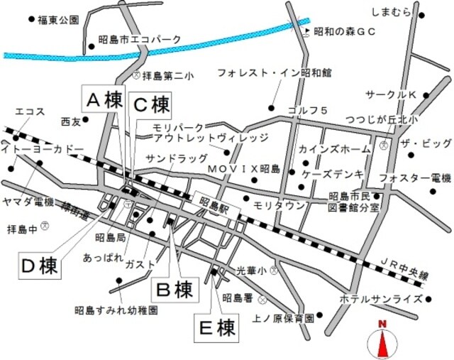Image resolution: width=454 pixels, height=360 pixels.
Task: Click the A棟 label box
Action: pyautogui.click(x=104, y=102)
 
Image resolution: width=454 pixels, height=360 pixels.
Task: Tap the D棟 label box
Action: pyautogui.click(x=39, y=267)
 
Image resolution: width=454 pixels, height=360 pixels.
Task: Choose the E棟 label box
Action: pyautogui.click(x=216, y=327)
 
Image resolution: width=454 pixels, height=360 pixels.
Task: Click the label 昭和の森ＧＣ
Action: pyautogui.click(x=344, y=31)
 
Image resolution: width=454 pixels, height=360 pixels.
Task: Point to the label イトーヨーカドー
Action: pyautogui.click(x=43, y=149)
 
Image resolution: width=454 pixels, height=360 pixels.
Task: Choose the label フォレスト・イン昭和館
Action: pyautogui.click(x=275, y=72)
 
